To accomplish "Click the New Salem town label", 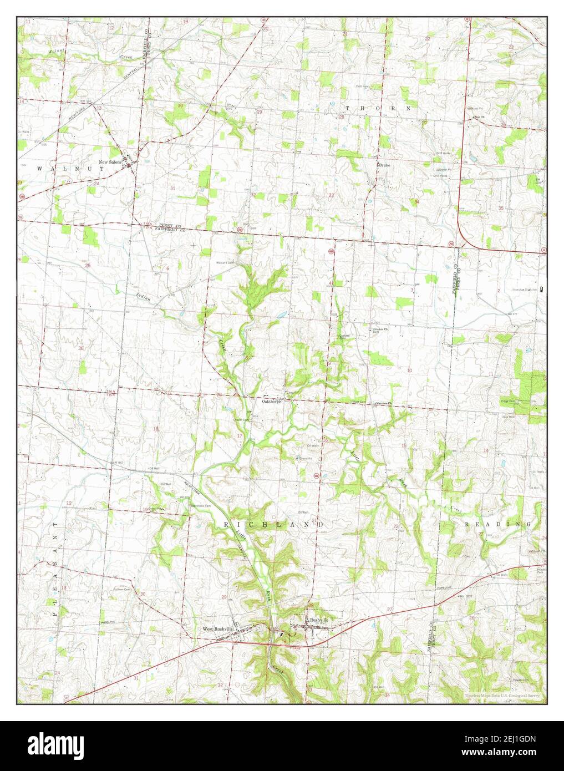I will click(110, 162).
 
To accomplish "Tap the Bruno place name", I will click(385, 165).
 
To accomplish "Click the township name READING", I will click(497, 524).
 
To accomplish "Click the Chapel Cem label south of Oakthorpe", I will click(242, 420).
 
